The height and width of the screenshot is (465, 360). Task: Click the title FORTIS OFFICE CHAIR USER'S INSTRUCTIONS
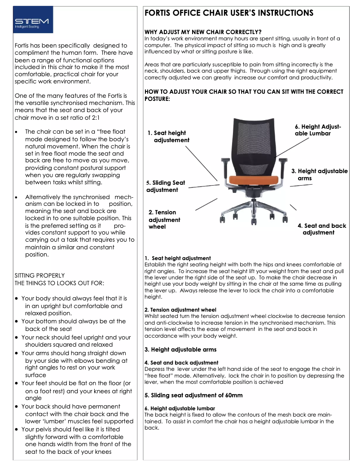[228, 13]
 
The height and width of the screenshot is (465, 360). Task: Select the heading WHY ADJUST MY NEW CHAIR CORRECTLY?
[203, 32]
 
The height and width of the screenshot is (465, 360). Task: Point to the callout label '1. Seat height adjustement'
[169, 136]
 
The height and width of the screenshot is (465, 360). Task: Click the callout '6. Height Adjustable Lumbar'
[318, 130]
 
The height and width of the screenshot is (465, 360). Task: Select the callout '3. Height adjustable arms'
[319, 174]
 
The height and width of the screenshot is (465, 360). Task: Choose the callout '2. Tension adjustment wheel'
[164, 219]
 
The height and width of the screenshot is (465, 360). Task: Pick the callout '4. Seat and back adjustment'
[321, 229]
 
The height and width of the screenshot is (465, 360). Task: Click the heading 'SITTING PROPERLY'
[40, 275]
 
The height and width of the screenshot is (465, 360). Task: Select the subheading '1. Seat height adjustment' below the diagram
[178, 258]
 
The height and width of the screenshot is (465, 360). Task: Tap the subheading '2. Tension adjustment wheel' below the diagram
[180, 310]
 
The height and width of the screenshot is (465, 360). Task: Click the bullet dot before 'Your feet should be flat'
[17, 383]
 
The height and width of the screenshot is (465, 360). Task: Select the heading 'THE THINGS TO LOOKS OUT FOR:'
[59, 283]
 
